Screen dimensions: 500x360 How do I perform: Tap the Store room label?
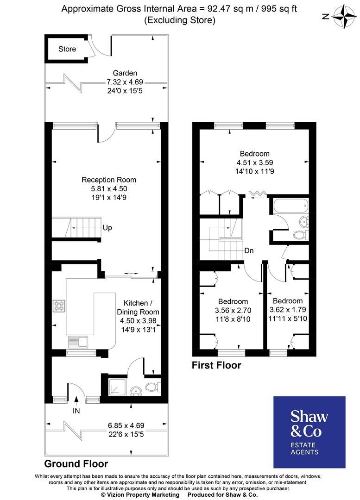67,49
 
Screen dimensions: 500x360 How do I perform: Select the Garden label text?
125,73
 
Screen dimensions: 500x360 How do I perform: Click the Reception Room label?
109,180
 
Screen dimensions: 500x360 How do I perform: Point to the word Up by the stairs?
107,228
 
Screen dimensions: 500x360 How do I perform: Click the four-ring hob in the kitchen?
59,306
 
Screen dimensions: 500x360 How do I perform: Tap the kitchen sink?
78,342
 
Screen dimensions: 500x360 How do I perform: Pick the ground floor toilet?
152,387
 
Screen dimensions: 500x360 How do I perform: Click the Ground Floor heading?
76,463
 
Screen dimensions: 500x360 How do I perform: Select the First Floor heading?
216,365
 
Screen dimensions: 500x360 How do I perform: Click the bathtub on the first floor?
290,206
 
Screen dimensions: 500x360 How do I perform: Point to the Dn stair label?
249,250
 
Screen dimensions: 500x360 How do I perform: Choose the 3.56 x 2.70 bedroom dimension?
233,310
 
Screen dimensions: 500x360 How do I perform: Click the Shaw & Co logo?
309,431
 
